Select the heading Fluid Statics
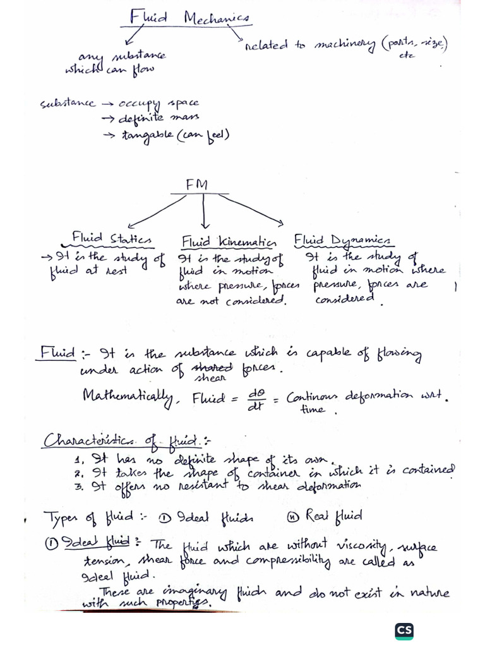tap(112, 239)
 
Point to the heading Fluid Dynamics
tap(343, 240)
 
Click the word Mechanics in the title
tap(217, 17)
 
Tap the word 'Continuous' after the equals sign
tap(312, 398)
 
